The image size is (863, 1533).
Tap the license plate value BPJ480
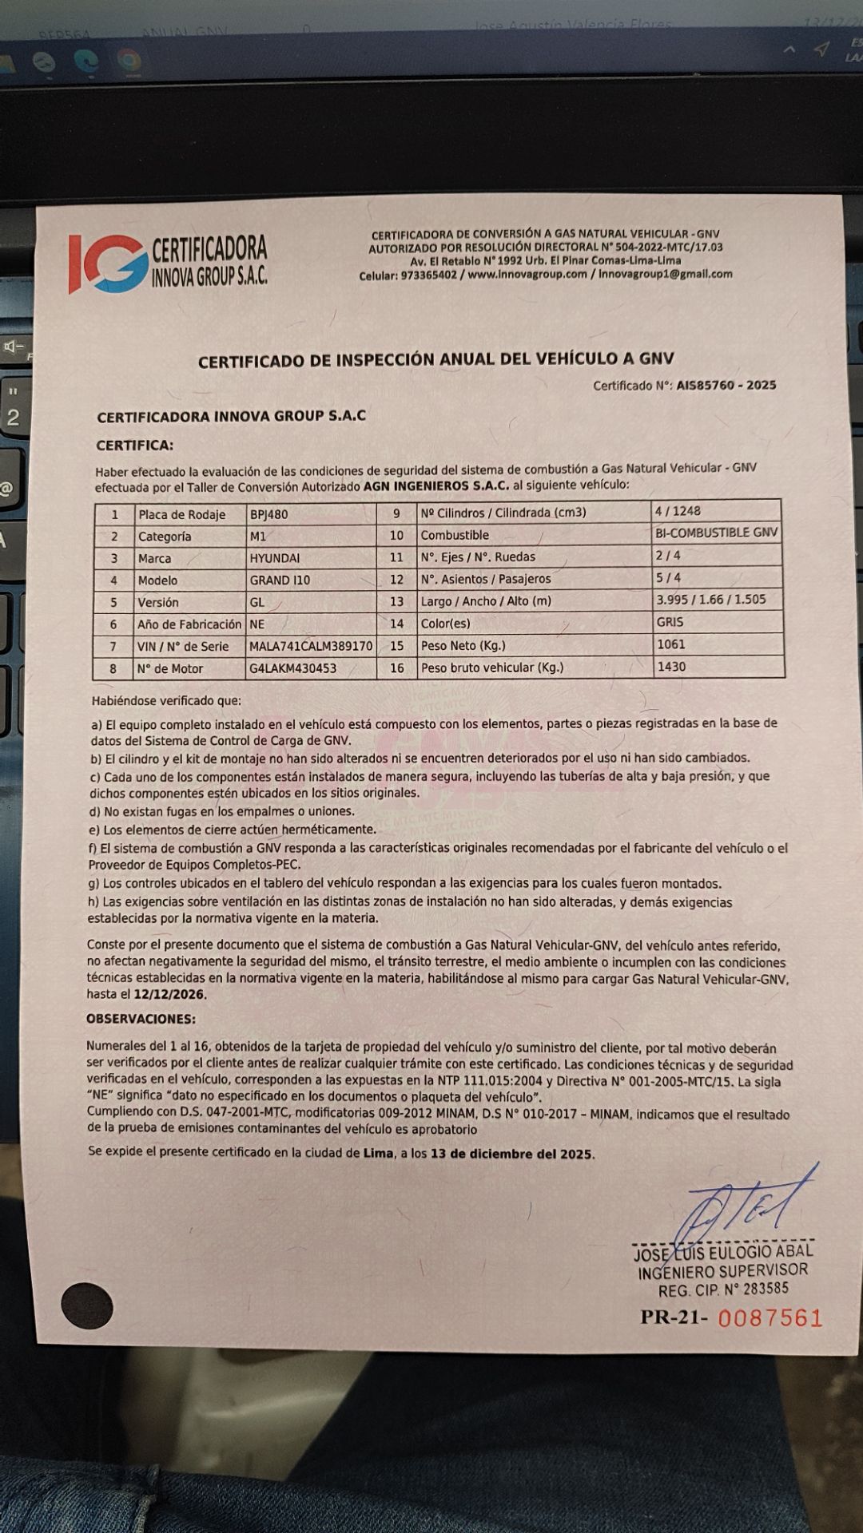click(268, 515)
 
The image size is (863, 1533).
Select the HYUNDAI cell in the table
click(274, 559)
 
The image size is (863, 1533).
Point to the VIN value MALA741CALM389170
click(311, 647)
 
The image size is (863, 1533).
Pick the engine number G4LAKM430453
click(292, 669)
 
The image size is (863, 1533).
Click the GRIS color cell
click(670, 622)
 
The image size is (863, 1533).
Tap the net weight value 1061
click(671, 644)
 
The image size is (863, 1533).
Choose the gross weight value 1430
click(671, 667)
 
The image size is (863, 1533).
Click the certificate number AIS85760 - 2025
click(726, 385)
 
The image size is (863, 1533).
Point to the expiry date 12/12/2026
click(169, 995)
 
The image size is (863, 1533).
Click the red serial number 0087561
click(770, 1317)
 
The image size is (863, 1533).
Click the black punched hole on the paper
click(87, 1305)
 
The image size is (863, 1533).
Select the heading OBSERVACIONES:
click(141, 1020)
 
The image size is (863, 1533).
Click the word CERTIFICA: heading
click(134, 446)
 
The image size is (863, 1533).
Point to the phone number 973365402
click(429, 275)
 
